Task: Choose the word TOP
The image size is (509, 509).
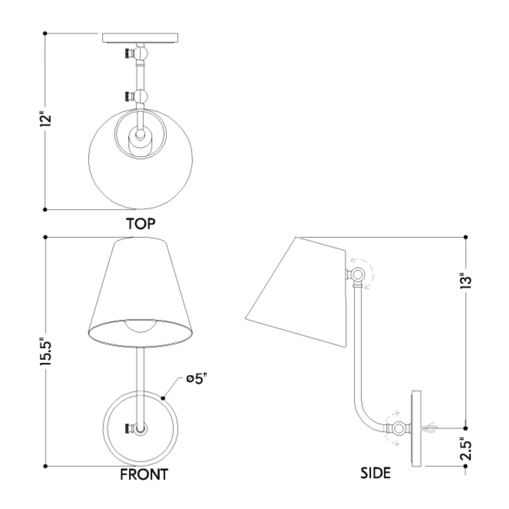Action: (x=141, y=224)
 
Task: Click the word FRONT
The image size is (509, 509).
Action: (x=144, y=482)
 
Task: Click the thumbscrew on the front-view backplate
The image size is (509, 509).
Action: (x=128, y=429)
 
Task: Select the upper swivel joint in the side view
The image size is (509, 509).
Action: (x=357, y=275)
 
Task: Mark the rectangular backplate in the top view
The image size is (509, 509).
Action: (x=140, y=37)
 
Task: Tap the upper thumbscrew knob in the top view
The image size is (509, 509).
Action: (x=128, y=53)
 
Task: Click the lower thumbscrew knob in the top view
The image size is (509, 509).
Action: (x=128, y=96)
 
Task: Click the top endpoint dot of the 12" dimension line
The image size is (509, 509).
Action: (x=45, y=33)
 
